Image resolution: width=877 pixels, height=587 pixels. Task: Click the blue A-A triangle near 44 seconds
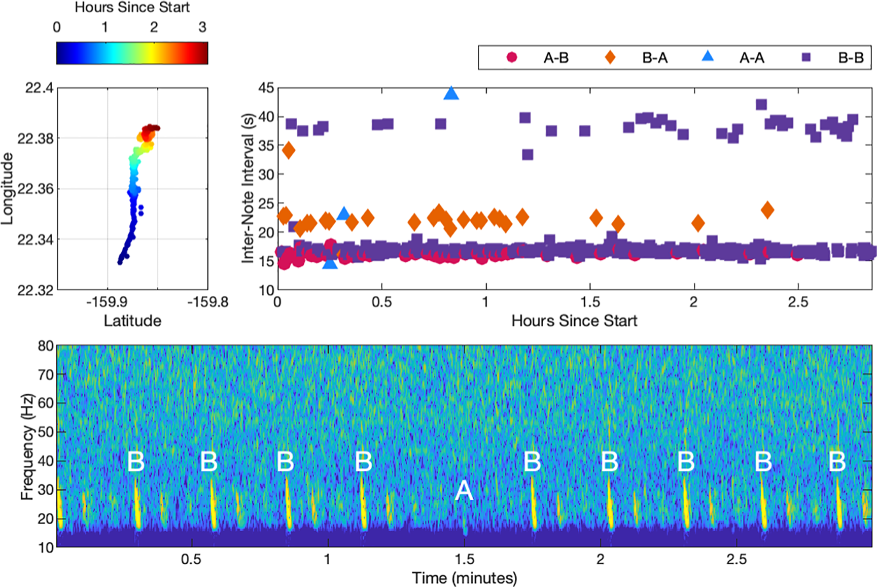(x=451, y=94)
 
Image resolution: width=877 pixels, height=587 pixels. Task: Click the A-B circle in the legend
(x=512, y=57)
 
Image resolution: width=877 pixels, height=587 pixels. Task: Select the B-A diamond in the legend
(x=610, y=57)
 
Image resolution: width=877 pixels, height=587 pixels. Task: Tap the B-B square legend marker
(x=806, y=57)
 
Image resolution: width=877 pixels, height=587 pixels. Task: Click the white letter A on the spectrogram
(x=464, y=491)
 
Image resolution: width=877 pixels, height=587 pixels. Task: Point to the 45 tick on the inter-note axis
(x=266, y=88)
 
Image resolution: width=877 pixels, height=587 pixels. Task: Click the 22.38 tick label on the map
(x=36, y=139)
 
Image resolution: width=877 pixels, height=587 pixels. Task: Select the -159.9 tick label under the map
(x=107, y=302)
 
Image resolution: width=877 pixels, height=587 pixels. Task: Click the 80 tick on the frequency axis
(x=46, y=346)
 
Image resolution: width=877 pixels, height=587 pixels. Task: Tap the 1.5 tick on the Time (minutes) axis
(x=464, y=559)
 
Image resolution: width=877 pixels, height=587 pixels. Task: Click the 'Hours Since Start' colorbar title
(x=132, y=8)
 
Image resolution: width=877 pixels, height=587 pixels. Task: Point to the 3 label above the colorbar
(x=202, y=27)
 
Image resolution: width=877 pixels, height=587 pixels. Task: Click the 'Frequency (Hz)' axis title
(x=27, y=446)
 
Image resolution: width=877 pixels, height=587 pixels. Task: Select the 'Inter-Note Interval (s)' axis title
(x=248, y=188)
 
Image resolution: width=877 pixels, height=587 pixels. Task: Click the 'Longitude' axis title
(x=7, y=189)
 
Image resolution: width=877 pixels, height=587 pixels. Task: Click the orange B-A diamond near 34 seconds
(x=288, y=150)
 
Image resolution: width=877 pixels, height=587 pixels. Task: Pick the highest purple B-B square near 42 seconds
(x=761, y=105)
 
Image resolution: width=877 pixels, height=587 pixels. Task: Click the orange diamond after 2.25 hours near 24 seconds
(x=767, y=210)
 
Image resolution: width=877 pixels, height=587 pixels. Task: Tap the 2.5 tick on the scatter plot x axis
(x=798, y=302)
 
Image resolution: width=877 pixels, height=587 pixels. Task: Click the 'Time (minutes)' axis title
(x=464, y=578)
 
